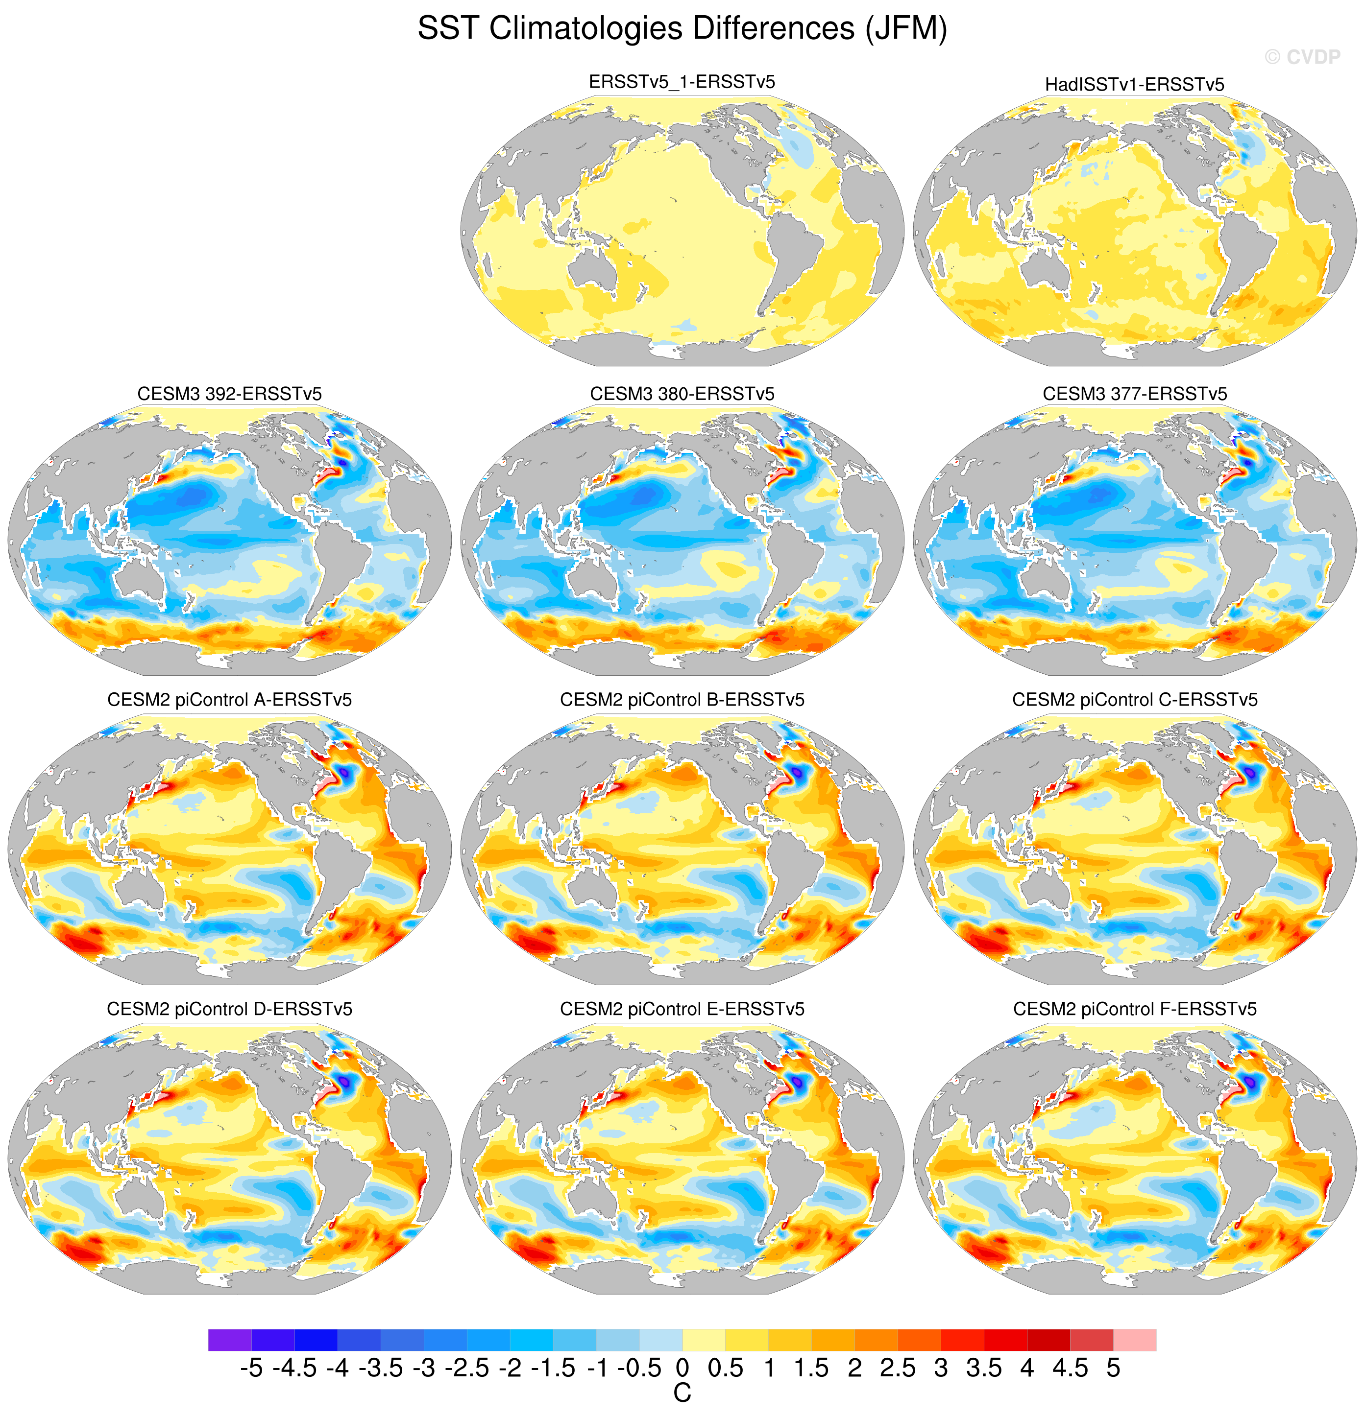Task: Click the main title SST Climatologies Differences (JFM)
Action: coord(682,29)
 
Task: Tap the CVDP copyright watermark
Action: coord(1302,56)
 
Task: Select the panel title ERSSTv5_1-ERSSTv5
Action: coord(682,82)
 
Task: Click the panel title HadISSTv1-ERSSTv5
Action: coord(1134,85)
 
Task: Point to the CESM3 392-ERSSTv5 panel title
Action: coord(229,394)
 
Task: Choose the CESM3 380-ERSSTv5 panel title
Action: coord(682,394)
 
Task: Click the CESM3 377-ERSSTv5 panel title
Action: coord(1135,394)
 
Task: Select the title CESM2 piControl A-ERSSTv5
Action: coord(229,700)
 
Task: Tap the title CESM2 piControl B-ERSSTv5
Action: coord(682,700)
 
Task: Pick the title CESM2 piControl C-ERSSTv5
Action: coord(1135,700)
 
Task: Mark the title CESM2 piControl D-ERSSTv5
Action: coord(229,1009)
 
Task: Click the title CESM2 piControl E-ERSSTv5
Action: coord(682,1009)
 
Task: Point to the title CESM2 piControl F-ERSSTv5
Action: coord(1135,1009)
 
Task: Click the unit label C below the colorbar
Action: coord(682,1393)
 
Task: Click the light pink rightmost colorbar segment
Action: coord(1135,1340)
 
